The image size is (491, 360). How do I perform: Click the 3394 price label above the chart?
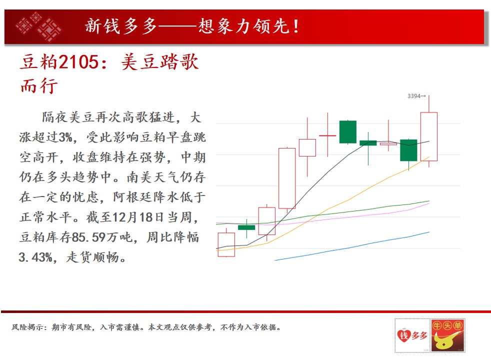[414, 96]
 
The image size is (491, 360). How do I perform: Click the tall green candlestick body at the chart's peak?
[348, 132]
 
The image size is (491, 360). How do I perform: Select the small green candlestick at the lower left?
[246, 227]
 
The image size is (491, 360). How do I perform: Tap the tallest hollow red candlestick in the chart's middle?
[287, 178]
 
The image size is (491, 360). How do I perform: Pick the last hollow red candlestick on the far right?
[428, 136]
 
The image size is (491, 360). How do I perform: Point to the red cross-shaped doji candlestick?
[327, 135]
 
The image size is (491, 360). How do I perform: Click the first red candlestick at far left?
[226, 244]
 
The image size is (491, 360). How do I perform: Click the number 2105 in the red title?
[79, 61]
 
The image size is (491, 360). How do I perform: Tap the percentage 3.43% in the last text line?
[35, 257]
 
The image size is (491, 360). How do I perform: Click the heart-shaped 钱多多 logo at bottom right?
[412, 335]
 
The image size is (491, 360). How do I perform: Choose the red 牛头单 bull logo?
[448, 335]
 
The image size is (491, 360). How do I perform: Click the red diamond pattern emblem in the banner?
[38, 26]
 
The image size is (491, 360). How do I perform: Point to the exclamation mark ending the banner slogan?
[296, 26]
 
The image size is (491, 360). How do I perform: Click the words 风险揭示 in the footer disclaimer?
[27, 327]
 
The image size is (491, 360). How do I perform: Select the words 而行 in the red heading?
[39, 85]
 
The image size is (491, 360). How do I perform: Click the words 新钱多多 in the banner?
[121, 26]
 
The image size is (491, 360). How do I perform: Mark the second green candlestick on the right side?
[408, 150]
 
